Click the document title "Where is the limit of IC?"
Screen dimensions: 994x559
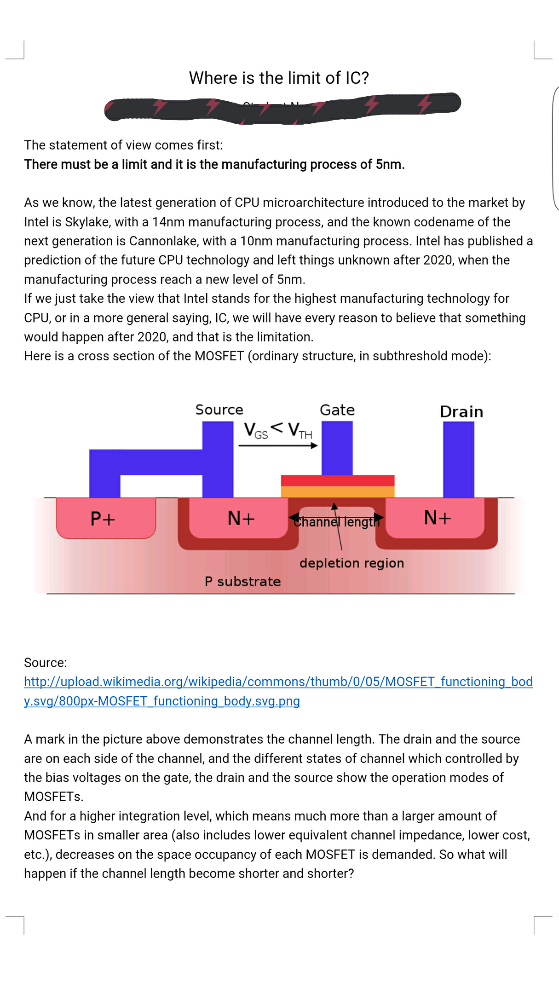pos(279,78)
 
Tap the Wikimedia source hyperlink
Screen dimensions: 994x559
pos(278,682)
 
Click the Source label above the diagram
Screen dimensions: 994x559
pos(219,410)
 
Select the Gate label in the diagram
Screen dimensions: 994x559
pos(337,410)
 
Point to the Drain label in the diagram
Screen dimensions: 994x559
pos(461,411)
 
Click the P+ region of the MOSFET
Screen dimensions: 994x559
pos(103,519)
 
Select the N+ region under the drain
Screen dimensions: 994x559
pos(437,518)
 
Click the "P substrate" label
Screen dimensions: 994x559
pos(242,582)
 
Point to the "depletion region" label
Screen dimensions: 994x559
pos(352,563)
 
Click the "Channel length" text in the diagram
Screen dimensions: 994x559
pos(336,522)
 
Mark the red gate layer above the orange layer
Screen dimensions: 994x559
pos(338,480)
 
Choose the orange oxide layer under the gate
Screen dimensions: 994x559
pos(338,491)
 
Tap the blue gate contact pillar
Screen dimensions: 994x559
pos(337,447)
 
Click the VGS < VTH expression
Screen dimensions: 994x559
pos(278,431)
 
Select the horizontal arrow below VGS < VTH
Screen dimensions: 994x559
pos(278,445)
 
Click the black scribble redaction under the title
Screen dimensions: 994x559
pos(282,107)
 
